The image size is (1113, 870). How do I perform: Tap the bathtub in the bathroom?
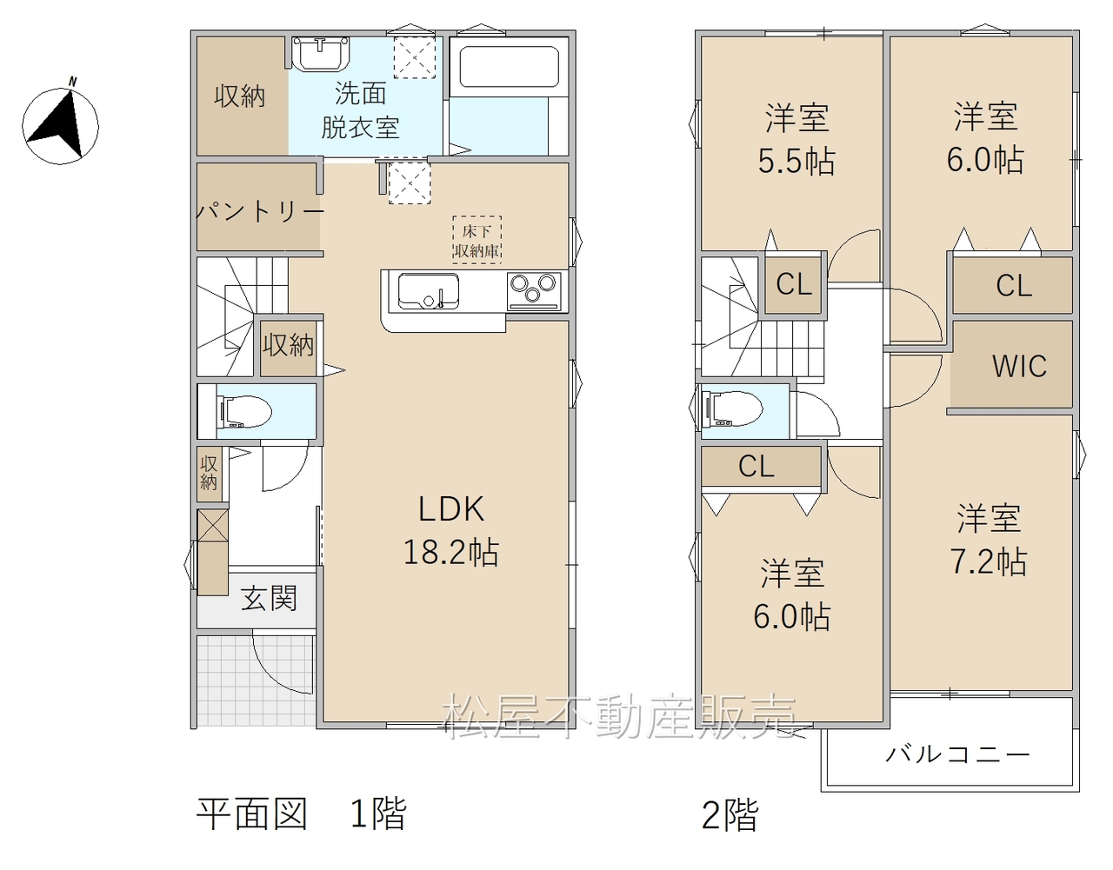509,67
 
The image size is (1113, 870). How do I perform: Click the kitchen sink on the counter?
428,292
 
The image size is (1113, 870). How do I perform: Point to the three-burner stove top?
534,291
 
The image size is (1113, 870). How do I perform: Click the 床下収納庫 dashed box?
477,240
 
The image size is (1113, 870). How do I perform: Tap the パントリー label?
260,211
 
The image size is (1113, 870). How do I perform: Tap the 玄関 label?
269,598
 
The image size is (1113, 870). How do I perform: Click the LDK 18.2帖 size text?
451,531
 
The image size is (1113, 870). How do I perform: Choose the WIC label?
1019,367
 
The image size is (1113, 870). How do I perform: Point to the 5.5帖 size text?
796,162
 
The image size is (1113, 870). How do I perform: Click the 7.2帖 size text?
989,562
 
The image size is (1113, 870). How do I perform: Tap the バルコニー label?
957,754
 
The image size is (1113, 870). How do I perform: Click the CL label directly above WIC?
1014,286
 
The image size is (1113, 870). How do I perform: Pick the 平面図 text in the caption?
252,814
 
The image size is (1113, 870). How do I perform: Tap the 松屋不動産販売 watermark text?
621,716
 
